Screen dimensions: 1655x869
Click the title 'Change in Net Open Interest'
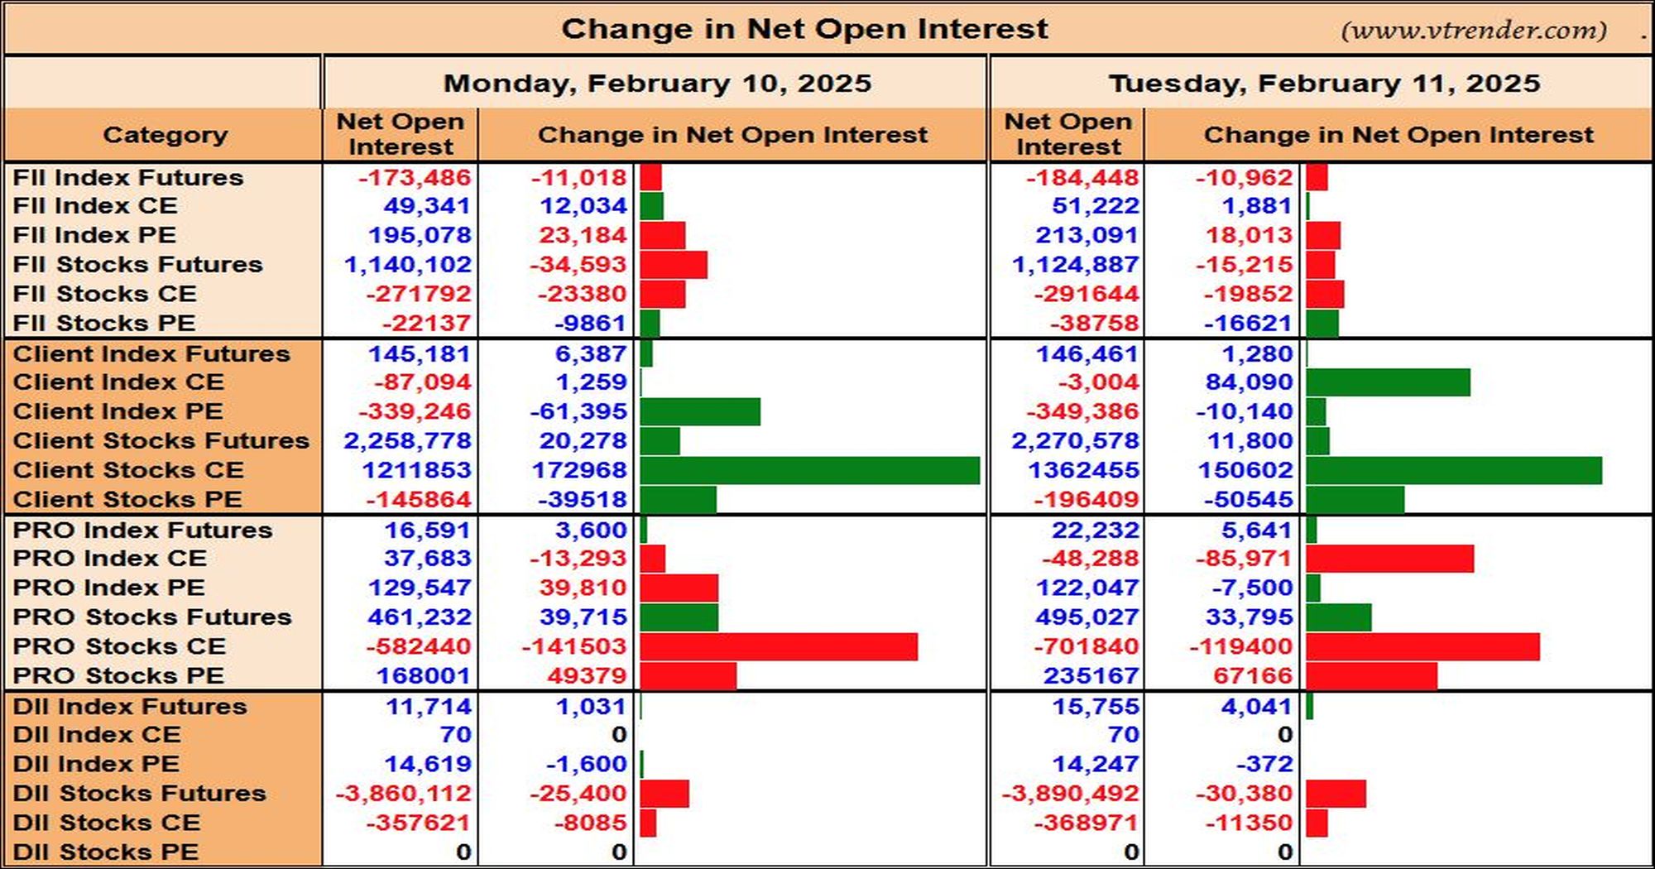tap(804, 29)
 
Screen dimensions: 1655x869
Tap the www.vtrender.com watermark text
tap(1474, 31)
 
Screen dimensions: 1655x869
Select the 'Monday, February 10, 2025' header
tap(657, 83)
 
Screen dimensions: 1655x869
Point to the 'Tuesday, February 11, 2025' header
tap(1324, 83)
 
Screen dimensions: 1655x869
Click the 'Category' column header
tap(165, 135)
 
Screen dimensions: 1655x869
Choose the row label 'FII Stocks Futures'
tap(137, 265)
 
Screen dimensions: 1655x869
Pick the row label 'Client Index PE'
tap(118, 411)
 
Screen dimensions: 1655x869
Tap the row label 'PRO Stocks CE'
tap(119, 646)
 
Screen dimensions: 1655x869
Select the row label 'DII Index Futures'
tap(130, 707)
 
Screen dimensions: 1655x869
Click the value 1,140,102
tap(408, 265)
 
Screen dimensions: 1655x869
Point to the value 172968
tap(579, 470)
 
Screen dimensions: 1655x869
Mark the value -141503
tap(574, 646)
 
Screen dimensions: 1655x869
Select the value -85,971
tap(1244, 559)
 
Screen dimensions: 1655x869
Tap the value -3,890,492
tap(1070, 794)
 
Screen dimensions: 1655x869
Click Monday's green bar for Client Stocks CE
tap(810, 470)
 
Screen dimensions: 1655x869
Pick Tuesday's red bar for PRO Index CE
tap(1390, 559)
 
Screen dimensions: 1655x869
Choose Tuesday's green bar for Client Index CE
tap(1389, 382)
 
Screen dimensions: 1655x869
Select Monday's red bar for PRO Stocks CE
tap(779, 646)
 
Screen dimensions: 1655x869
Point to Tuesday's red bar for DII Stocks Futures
tap(1336, 794)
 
